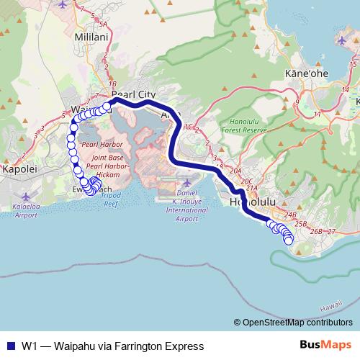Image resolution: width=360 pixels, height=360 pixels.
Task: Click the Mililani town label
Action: [91, 37]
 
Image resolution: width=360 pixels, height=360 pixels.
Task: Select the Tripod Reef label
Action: [111, 199]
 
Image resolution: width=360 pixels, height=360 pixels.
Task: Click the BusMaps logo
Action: [325, 345]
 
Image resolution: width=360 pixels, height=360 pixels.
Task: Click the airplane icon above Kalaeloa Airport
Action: [27, 196]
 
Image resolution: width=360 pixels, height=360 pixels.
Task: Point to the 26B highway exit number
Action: [315, 231]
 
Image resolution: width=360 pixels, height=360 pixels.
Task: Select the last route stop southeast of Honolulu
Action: [289, 240]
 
